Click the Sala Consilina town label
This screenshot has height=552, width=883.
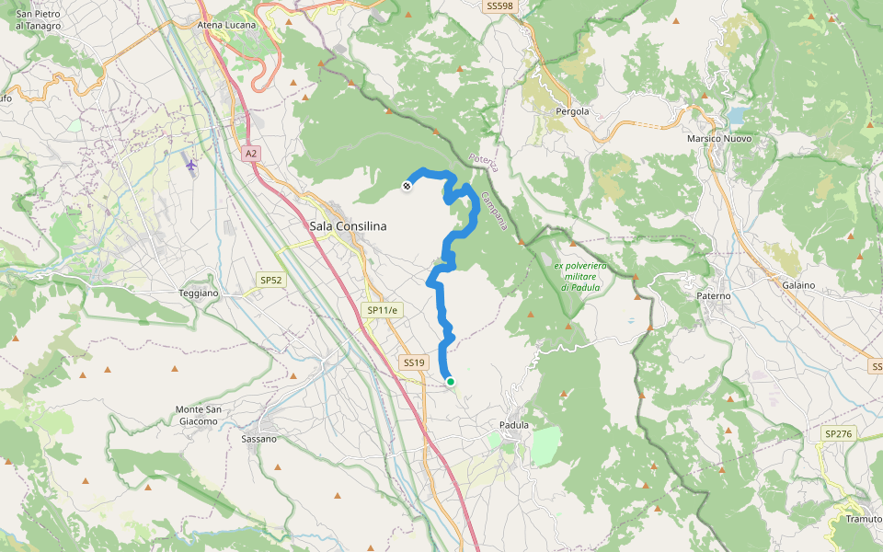(348, 225)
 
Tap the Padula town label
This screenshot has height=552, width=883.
(514, 425)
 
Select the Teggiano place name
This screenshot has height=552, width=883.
(197, 293)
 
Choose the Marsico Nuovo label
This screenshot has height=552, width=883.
(719, 138)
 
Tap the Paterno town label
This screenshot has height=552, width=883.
(714, 296)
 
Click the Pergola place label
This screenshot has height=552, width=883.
(572, 111)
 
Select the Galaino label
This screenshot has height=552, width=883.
(798, 285)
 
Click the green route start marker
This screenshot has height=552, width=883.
(450, 381)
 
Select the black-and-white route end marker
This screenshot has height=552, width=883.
(407, 187)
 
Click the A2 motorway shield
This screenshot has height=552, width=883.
(251, 154)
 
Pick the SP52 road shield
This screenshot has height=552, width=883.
(269, 279)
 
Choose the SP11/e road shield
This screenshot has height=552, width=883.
(383, 311)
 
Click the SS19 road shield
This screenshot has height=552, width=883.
(414, 362)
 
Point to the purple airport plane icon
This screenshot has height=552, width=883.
(190, 165)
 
